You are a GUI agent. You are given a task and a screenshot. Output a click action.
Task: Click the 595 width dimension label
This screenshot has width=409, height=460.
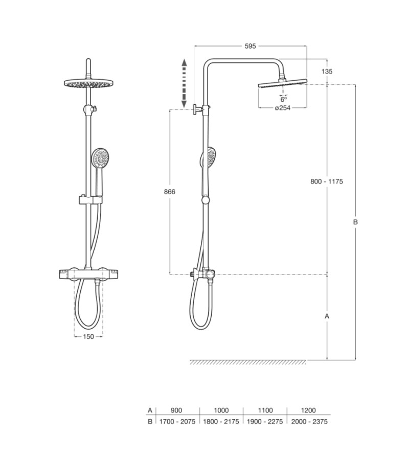(x=251, y=46)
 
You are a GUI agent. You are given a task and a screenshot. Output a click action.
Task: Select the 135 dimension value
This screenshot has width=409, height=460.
(x=327, y=71)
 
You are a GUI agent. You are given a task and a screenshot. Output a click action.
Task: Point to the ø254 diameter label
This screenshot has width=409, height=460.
(x=283, y=108)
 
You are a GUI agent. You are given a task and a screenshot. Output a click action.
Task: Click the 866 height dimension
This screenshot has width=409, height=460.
(x=170, y=192)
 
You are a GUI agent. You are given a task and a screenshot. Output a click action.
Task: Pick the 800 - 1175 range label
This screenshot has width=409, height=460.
(x=327, y=181)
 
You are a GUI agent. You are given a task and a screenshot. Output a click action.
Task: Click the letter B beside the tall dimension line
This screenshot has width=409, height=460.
(x=355, y=222)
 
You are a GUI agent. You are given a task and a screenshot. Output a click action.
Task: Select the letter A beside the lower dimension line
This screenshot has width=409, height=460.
(x=327, y=316)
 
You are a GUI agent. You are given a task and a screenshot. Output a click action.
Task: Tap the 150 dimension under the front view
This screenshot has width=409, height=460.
(x=88, y=336)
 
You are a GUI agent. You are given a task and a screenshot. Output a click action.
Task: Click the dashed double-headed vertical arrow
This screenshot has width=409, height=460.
(x=184, y=83)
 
